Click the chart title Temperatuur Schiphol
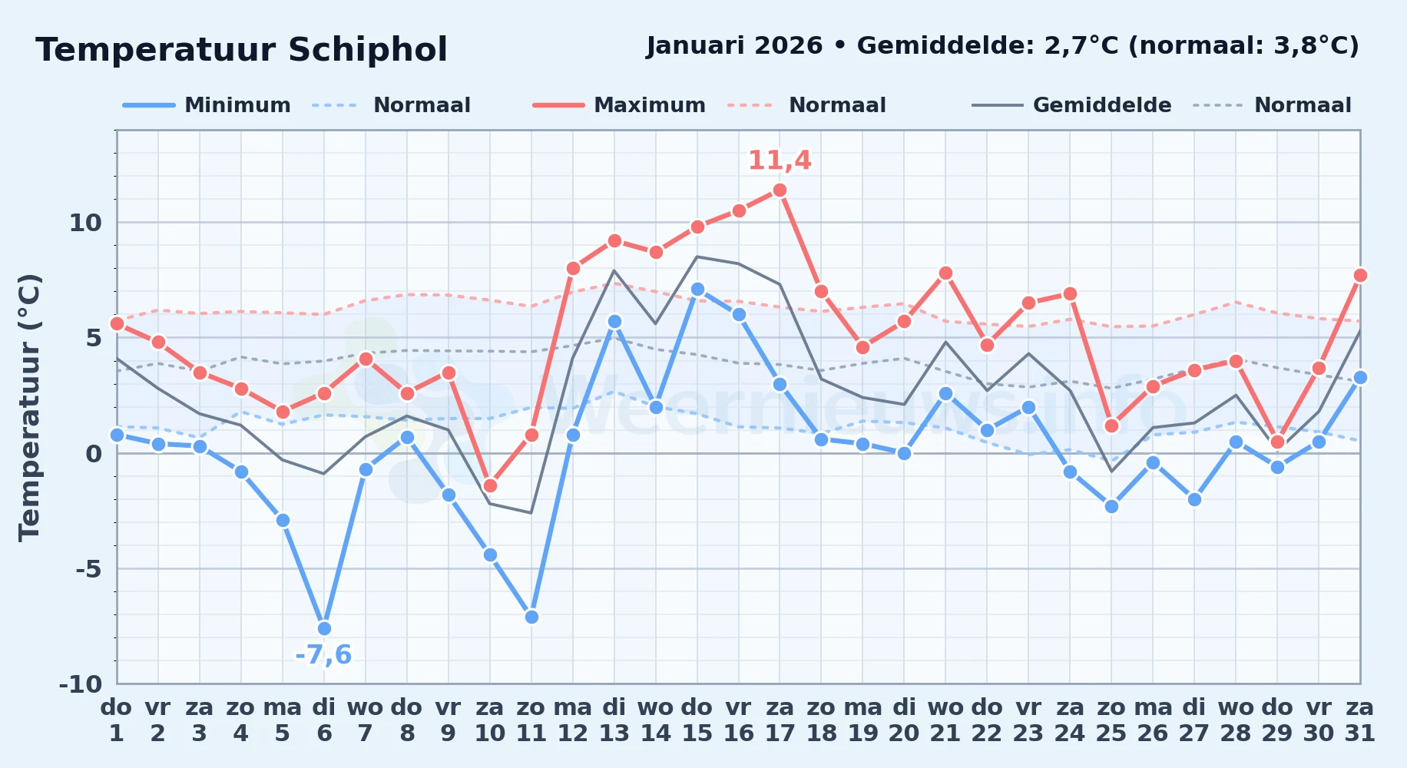(241, 50)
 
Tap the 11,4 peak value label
(780, 161)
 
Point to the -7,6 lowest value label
(323, 655)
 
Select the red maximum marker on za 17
(780, 190)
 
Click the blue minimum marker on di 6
(324, 628)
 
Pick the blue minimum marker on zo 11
(531, 617)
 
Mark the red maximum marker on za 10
(490, 485)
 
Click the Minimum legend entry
(207, 105)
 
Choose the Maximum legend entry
(619, 105)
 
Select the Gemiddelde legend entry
(1071, 105)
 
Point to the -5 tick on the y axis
(88, 569)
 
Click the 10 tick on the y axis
(85, 223)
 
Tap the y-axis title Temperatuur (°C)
(30, 407)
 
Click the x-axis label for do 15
(697, 720)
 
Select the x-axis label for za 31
(1360, 720)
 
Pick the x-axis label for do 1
(117, 720)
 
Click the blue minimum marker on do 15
(697, 290)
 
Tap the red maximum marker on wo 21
(945, 273)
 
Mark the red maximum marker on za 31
(1360, 276)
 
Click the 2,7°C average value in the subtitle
(1081, 46)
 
